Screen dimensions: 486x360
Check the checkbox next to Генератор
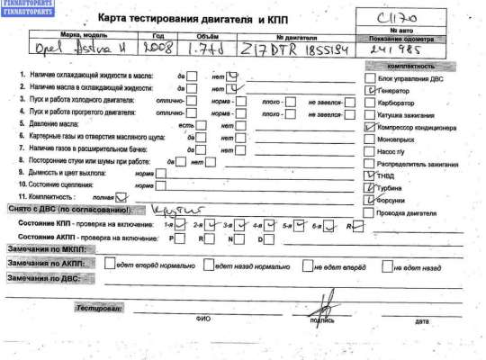coord(368,91)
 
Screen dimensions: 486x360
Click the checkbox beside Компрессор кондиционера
coord(368,128)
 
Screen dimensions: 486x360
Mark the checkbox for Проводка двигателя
coord(368,213)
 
